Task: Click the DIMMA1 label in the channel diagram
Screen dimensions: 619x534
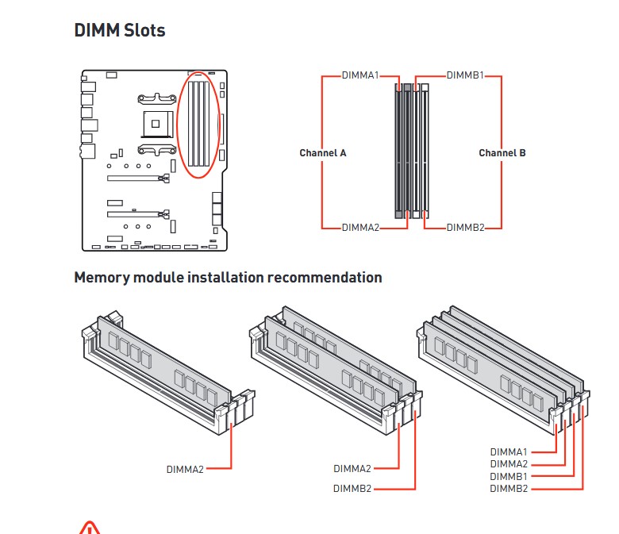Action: (x=360, y=75)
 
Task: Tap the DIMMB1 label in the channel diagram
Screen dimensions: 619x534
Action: (x=465, y=75)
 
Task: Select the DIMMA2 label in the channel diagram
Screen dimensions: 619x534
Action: (x=360, y=228)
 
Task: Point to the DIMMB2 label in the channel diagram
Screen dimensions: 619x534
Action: (x=465, y=228)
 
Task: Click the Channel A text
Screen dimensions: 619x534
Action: (x=323, y=152)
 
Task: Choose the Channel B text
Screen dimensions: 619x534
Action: (x=502, y=152)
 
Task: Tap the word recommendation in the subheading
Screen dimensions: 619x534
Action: (x=325, y=278)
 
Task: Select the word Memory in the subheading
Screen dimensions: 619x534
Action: (x=102, y=278)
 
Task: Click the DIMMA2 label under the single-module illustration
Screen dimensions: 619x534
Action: (x=185, y=469)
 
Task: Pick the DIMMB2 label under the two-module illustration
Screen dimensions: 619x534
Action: (x=352, y=489)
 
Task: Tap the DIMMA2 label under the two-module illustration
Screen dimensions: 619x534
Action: (x=352, y=468)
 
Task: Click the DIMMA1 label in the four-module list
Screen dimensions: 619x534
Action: (x=509, y=452)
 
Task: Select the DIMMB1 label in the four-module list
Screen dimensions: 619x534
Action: (x=509, y=476)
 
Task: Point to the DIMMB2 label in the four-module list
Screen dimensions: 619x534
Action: (x=509, y=489)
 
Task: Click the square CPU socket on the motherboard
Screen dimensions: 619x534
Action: (x=157, y=124)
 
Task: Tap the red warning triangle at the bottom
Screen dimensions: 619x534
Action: (x=90, y=528)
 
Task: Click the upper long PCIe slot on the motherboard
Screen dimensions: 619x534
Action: (x=139, y=179)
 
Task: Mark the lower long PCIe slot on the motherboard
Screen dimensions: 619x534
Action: (x=139, y=214)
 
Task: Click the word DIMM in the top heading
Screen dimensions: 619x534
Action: (x=97, y=30)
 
